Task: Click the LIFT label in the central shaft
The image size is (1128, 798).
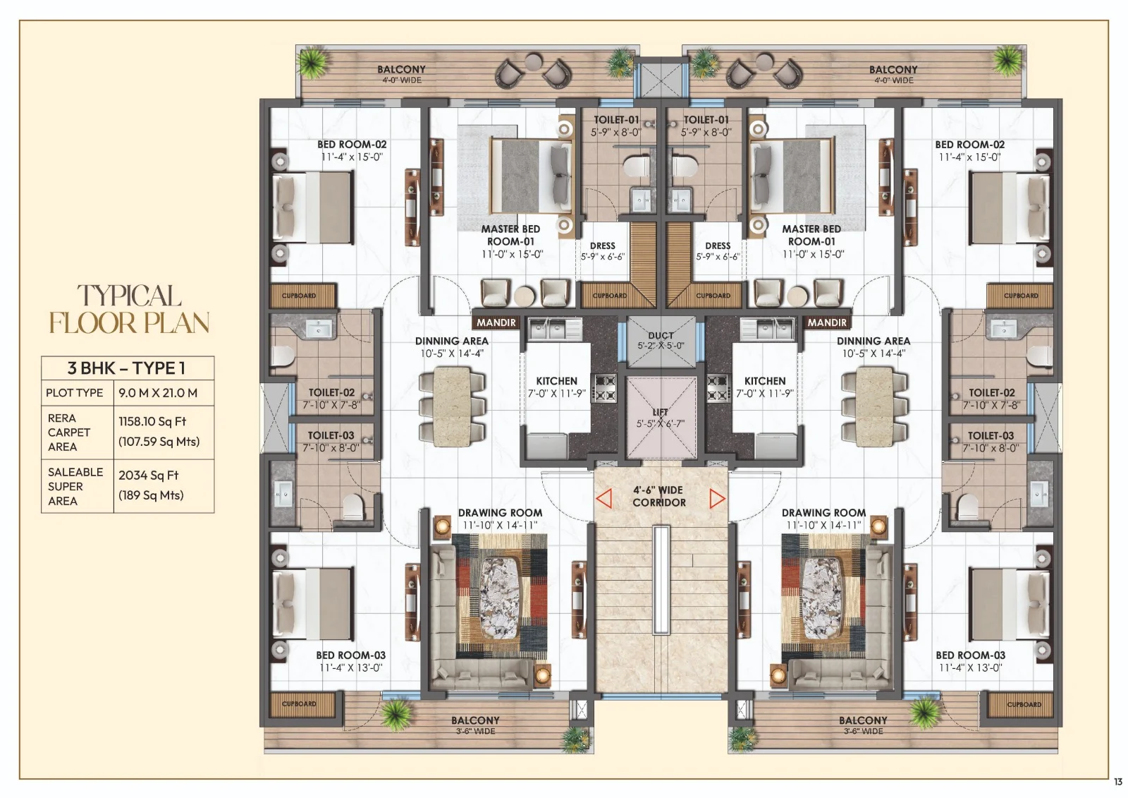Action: pos(660,412)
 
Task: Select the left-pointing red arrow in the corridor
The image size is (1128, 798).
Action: pos(603,499)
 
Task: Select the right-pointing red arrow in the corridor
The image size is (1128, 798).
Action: pos(717,499)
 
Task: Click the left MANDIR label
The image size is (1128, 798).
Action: pos(496,322)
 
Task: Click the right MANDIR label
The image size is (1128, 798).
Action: pos(827,322)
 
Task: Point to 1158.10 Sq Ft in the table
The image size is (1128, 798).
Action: pos(152,421)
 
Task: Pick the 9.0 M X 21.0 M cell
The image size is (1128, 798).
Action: pos(158,392)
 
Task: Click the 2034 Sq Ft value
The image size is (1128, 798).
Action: pos(149,475)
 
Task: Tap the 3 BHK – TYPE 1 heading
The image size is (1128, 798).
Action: pos(127,368)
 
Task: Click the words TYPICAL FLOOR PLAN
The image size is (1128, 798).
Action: pos(129,309)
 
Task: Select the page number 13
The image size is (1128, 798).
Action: pos(1118,781)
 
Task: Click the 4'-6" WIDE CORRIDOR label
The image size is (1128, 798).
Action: pos(658,496)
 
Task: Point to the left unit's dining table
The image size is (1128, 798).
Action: pos(451,408)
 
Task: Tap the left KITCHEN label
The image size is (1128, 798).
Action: pos(556,381)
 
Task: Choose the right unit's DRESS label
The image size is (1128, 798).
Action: pos(718,246)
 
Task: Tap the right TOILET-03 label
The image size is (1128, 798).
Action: pos(991,436)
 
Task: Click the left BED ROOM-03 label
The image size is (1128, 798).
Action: pos(350,655)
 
